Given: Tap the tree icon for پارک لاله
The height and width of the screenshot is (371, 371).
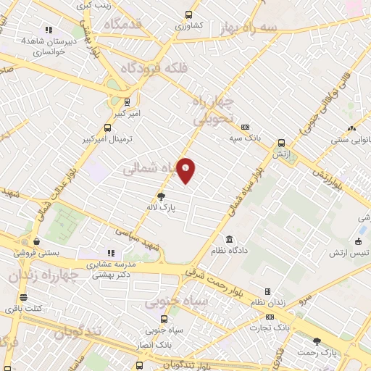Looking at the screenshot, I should (161, 196).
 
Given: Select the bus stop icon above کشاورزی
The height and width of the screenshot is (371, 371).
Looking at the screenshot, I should (189, 14).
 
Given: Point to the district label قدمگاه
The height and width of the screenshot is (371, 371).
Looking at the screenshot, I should (127, 24).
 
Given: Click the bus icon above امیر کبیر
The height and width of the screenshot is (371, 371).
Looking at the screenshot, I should (128, 102).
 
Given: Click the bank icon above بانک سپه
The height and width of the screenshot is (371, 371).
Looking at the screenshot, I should (245, 126).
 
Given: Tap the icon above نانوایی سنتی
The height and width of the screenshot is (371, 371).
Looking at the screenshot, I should (351, 128).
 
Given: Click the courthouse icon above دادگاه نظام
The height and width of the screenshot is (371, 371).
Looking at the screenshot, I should (229, 240).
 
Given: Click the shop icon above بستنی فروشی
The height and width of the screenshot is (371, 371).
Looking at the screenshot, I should (36, 242).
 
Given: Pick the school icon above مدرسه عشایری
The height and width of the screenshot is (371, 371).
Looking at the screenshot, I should (111, 253).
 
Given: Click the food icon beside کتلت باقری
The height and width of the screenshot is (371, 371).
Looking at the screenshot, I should (23, 297).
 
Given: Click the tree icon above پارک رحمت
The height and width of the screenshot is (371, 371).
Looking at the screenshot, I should (316, 341).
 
